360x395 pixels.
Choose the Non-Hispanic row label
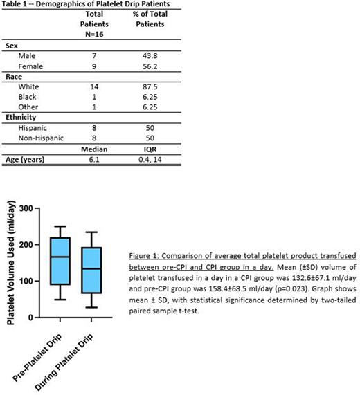pos(43,147)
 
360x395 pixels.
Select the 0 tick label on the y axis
pos(35,318)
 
